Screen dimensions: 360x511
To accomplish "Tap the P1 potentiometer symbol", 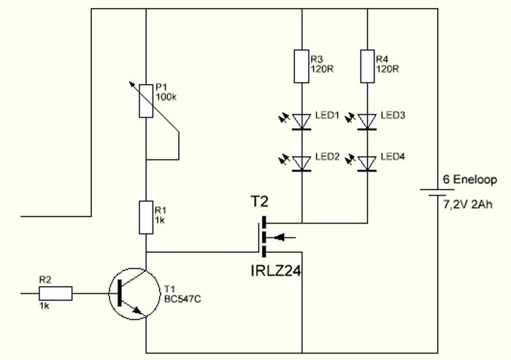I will [146, 101].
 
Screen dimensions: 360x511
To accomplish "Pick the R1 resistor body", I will [146, 218].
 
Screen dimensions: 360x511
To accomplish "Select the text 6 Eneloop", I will [466, 180].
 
